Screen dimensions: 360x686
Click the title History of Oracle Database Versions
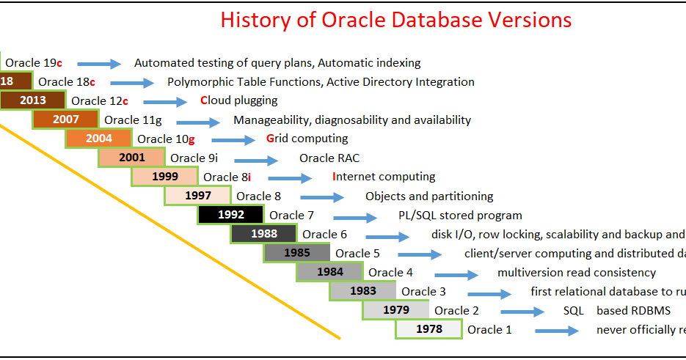(x=396, y=20)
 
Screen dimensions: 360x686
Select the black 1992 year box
(x=230, y=215)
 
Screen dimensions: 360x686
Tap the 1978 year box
(x=428, y=329)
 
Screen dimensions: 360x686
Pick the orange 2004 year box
(x=98, y=139)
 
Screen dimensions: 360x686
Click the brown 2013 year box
(x=32, y=100)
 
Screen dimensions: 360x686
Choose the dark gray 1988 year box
(x=263, y=234)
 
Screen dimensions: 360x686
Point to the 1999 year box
(x=164, y=177)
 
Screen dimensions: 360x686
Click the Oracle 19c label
(x=34, y=63)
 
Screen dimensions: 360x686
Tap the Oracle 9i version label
(x=192, y=158)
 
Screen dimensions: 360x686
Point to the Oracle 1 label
(x=489, y=329)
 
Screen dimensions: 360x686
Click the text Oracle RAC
(x=329, y=158)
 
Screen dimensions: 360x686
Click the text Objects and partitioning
(x=429, y=196)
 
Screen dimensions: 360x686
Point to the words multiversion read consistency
(x=576, y=273)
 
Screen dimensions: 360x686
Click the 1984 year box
(x=329, y=272)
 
